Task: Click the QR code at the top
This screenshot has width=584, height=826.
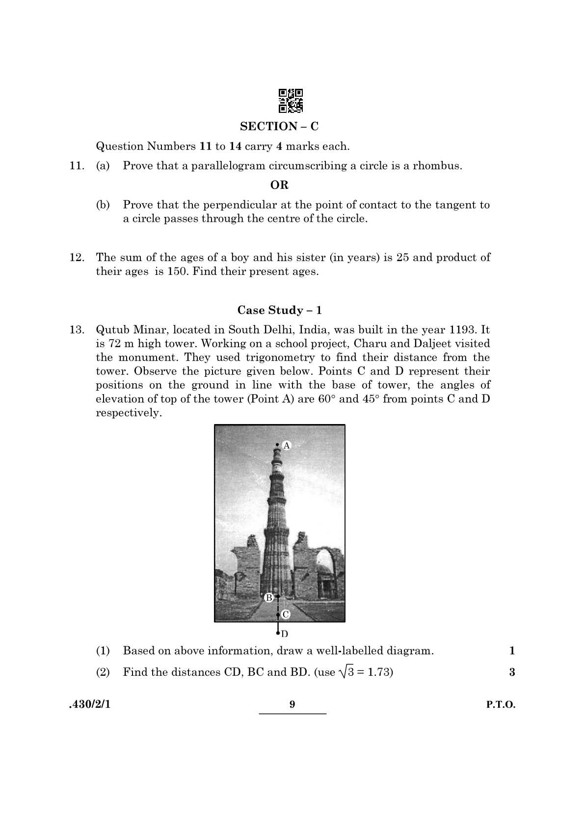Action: coord(291,101)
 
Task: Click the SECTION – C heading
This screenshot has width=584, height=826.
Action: coord(279,127)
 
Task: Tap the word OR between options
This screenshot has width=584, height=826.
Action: coord(279,185)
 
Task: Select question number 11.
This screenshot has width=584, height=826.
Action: coord(77,166)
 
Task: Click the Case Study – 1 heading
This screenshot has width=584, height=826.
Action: coord(279,310)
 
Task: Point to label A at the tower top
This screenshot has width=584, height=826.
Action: coord(287,446)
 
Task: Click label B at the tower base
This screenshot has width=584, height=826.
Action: coord(269,598)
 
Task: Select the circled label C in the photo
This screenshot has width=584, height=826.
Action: coord(286,614)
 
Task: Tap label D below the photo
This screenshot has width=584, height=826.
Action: coord(285,634)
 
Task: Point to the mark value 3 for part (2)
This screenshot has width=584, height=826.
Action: coord(512,672)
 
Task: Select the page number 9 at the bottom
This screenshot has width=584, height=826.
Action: coord(292,705)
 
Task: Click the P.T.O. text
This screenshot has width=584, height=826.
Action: coord(501,705)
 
